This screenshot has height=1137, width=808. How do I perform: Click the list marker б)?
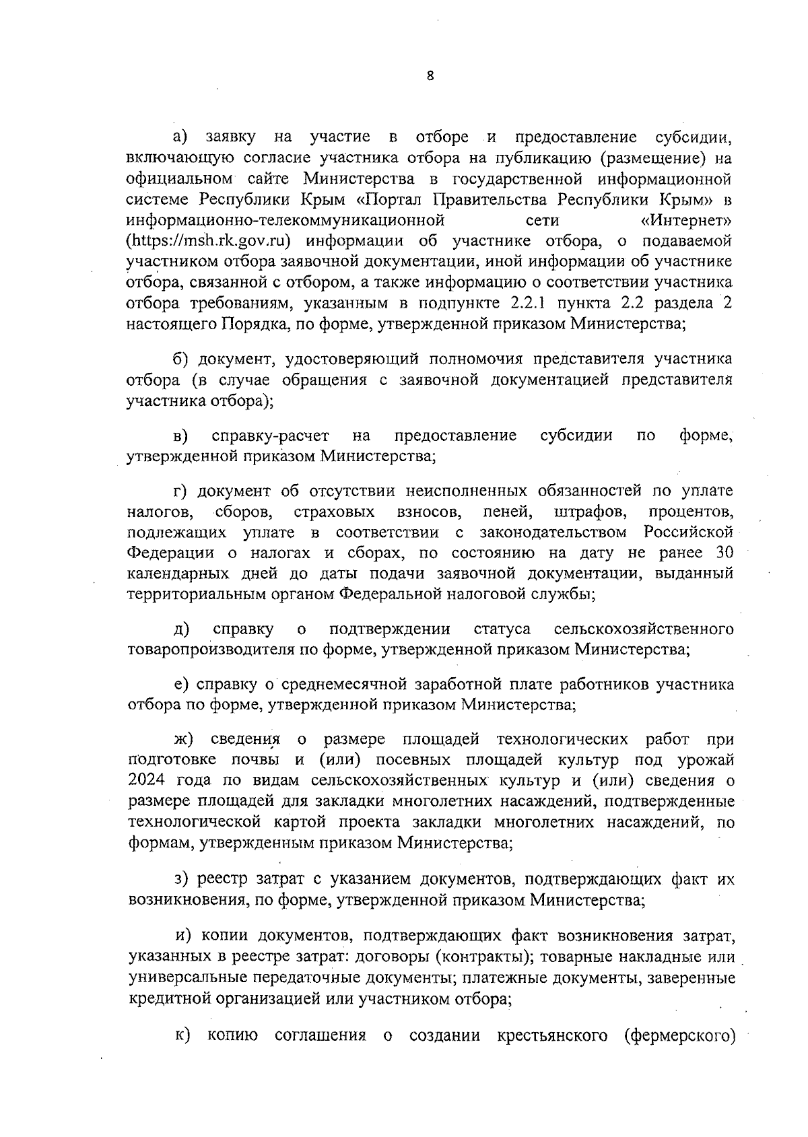point(181,358)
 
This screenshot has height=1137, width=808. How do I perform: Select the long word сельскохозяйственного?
point(642,629)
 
